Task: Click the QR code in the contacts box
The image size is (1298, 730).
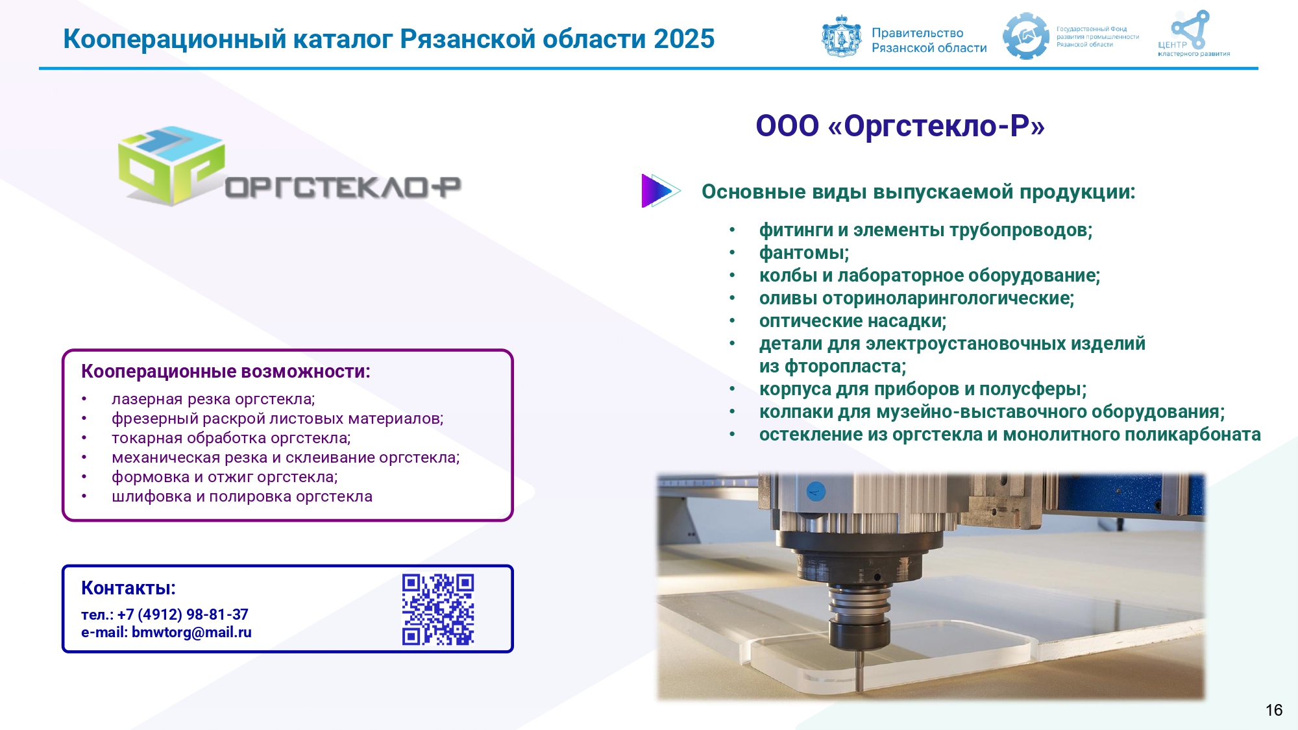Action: click(x=438, y=609)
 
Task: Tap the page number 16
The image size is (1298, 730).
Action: click(x=1274, y=710)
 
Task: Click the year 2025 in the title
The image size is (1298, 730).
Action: click(x=684, y=39)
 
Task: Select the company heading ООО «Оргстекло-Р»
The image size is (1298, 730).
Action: click(x=900, y=125)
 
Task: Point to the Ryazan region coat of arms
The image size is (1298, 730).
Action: click(x=842, y=36)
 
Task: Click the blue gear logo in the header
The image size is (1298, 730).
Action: click(x=1026, y=36)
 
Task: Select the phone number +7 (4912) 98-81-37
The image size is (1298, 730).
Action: click(x=183, y=614)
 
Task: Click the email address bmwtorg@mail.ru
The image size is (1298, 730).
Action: click(x=191, y=632)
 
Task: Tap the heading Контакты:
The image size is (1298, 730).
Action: click(x=129, y=588)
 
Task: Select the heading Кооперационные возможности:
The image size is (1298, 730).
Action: click(x=226, y=372)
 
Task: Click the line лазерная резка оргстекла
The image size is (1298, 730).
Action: click(x=213, y=399)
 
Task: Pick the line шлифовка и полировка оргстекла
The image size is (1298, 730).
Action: click(x=242, y=496)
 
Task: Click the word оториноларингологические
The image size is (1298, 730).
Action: click(x=946, y=298)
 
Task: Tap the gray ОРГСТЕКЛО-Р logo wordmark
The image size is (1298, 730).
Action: click(x=343, y=188)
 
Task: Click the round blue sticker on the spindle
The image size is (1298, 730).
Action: click(x=816, y=491)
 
